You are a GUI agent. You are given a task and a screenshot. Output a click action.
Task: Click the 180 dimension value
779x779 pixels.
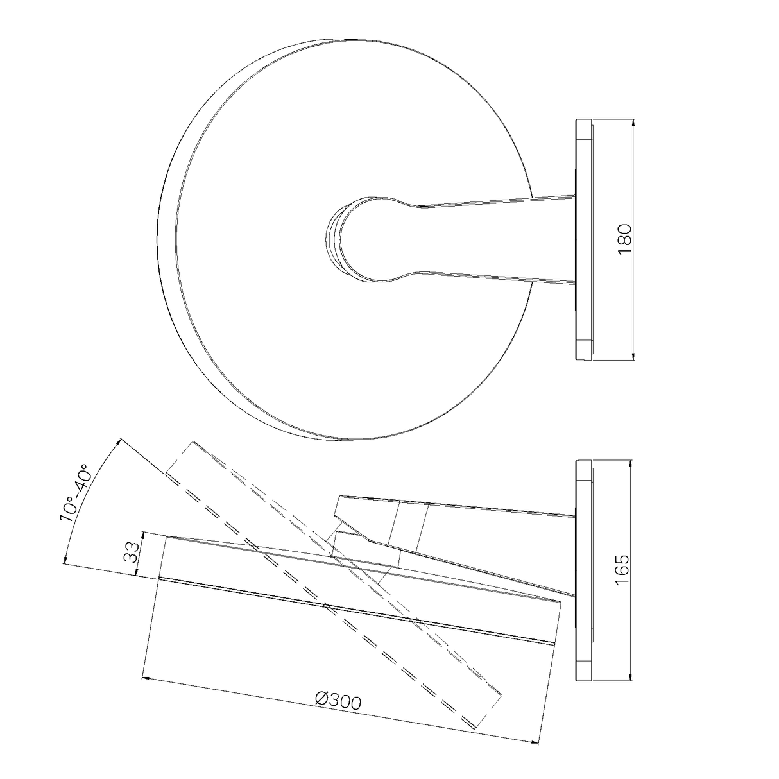click(x=625, y=239)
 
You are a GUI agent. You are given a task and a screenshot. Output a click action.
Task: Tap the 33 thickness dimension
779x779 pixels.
click(x=132, y=552)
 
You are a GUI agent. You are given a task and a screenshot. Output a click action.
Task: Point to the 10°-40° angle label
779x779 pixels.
click(x=77, y=493)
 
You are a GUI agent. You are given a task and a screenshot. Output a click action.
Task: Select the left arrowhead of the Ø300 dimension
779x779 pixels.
click(x=144, y=675)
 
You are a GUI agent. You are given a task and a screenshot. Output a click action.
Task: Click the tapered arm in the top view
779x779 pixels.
click(x=488, y=239)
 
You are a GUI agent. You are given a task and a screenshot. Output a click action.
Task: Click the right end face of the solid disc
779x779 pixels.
click(x=556, y=622)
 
